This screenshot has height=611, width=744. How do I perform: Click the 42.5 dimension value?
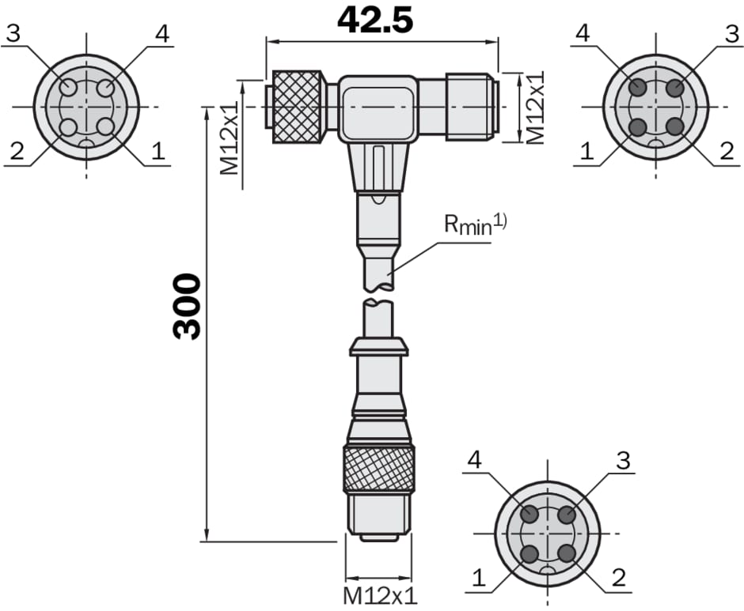pos(375,20)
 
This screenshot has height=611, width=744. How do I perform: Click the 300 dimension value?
pos(187,306)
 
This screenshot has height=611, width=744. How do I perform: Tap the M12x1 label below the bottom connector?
pos(380,596)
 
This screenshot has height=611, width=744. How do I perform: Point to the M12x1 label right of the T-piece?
pos(536,107)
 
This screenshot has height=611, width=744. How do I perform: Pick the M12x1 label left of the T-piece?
pos(230,138)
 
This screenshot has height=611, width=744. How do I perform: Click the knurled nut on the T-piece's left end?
pos(298,107)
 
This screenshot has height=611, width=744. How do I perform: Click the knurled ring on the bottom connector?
pos(379,469)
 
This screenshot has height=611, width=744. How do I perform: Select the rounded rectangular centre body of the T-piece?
pos(378,108)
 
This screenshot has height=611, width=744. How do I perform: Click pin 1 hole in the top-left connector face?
pos(104,127)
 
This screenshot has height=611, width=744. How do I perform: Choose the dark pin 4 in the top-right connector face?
pos(638,88)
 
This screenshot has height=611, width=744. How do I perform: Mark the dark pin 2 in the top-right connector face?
pos(674,127)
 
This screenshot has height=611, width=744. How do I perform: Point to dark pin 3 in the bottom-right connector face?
pos(567,515)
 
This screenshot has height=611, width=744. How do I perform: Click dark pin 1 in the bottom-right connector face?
pos(530,553)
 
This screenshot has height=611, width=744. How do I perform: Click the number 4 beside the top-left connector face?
pos(162,34)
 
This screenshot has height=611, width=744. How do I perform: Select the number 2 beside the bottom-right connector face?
pos(619,578)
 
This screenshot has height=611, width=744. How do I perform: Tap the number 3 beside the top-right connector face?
pos(733,34)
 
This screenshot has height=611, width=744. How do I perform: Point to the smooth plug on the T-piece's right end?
pos(472,107)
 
